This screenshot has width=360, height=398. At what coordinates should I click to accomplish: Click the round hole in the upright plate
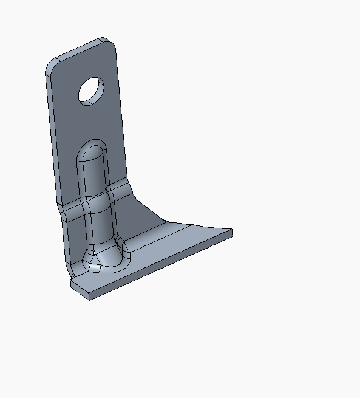pyautogui.click(x=92, y=91)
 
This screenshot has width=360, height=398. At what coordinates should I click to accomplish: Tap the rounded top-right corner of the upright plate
pyautogui.click(x=113, y=43)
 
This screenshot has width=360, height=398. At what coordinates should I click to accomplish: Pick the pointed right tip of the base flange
pyautogui.click(x=231, y=232)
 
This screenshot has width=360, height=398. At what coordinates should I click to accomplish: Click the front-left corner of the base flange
pyautogui.click(x=73, y=284)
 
